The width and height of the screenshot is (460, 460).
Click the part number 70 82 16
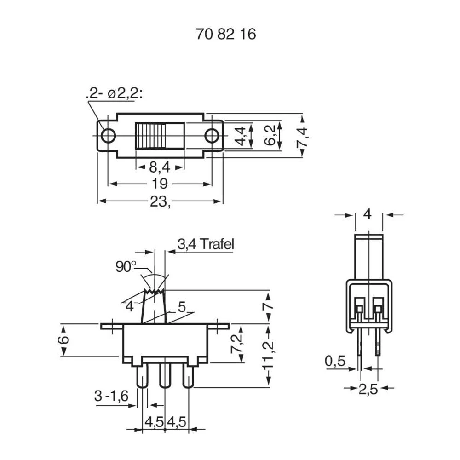click(225, 34)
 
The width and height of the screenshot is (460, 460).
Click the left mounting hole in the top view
click(109, 136)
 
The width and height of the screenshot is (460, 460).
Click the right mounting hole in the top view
click(212, 136)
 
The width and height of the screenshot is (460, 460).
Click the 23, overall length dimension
click(161, 201)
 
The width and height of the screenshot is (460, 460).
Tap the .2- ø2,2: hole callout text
click(114, 94)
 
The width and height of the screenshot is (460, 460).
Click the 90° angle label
click(126, 267)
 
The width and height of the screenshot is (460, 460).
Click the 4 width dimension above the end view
click(368, 214)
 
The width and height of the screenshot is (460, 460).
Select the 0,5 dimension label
click(335, 362)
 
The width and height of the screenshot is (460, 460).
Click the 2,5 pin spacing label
click(368, 389)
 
